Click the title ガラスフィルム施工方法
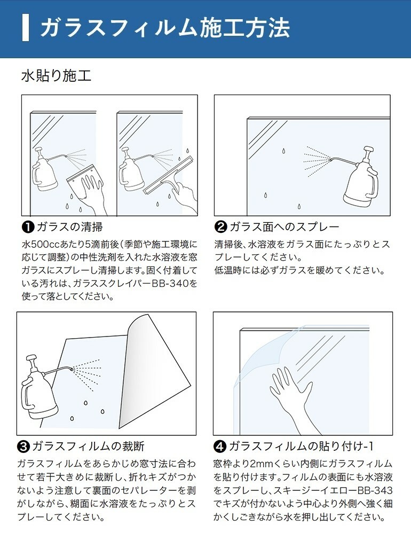164,28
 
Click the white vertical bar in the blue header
25,28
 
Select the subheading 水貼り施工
56,75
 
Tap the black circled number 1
28,227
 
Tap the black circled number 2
220,227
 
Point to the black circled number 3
23,446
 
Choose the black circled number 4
220,446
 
